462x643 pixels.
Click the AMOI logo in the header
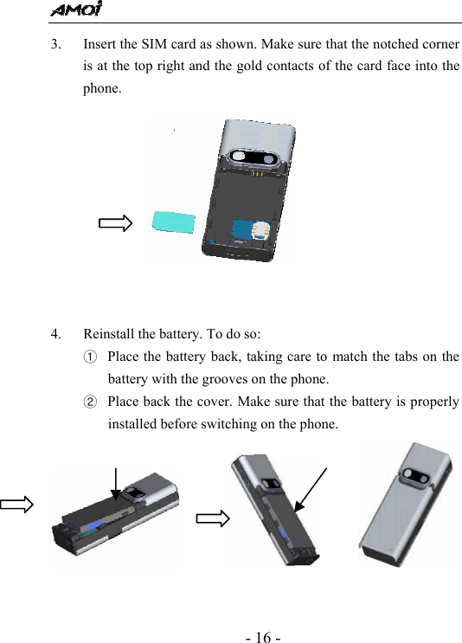(x=75, y=10)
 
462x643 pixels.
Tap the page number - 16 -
(x=263, y=638)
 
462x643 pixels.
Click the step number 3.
(x=55, y=43)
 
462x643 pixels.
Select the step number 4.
(x=55, y=334)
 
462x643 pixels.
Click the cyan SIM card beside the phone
(x=175, y=222)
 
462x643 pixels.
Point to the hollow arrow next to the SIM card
(x=115, y=223)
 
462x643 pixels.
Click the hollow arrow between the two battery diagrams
(x=212, y=518)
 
